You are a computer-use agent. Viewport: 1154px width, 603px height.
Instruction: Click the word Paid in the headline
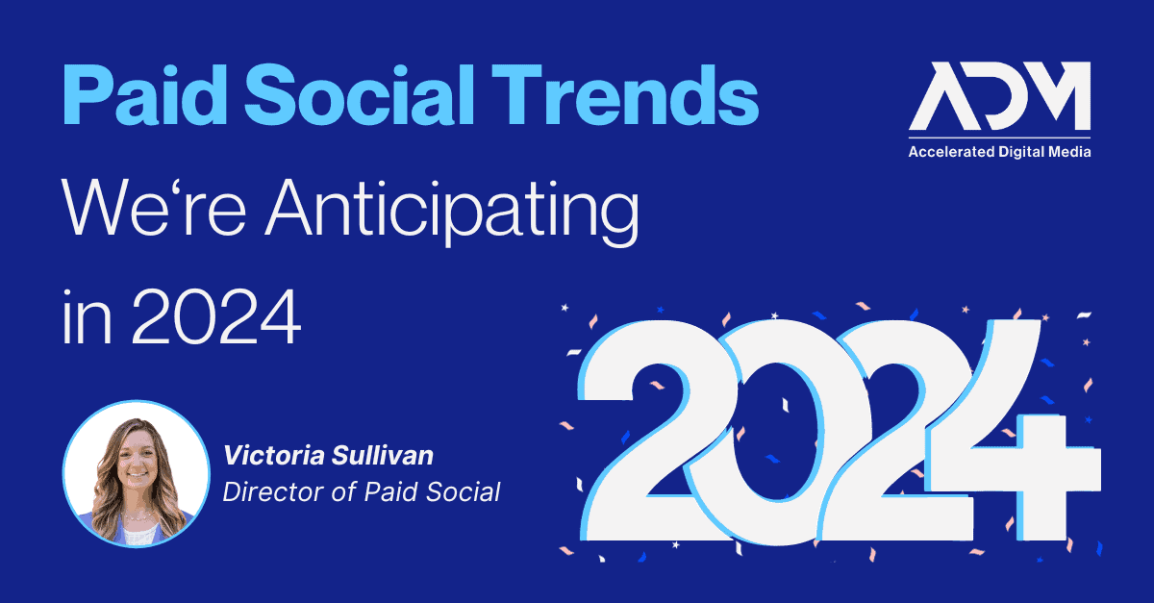(x=145, y=94)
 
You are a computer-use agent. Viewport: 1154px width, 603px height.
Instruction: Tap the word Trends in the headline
(x=625, y=94)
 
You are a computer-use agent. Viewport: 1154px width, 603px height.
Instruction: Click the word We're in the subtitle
(x=154, y=209)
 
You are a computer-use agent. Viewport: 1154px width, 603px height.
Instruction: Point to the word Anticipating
(x=452, y=212)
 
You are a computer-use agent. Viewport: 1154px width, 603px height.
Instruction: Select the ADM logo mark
(x=999, y=96)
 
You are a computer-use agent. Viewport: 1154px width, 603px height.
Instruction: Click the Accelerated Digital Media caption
(x=999, y=152)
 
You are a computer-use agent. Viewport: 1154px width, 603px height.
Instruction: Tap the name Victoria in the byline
(x=274, y=456)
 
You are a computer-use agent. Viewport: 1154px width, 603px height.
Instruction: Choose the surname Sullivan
(x=383, y=456)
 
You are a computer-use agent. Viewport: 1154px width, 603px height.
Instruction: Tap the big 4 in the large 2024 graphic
(x=1014, y=431)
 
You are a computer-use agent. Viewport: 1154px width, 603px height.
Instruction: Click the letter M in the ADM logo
(x=1054, y=96)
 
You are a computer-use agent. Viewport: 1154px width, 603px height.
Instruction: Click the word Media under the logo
(x=1071, y=152)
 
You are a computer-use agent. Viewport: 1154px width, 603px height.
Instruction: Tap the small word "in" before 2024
(x=87, y=317)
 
